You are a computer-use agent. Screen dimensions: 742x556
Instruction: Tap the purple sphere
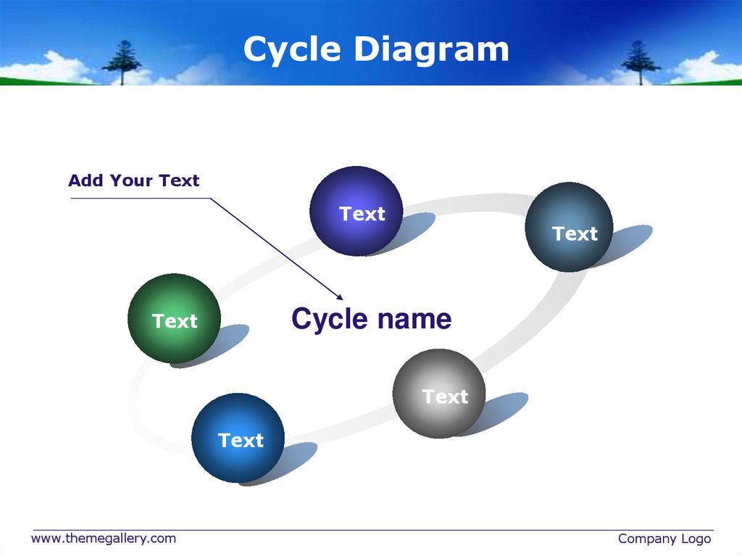356,210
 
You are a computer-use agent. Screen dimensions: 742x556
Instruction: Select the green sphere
174,318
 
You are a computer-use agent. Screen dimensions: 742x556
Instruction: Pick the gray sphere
438,394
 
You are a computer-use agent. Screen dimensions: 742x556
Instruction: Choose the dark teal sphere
569,227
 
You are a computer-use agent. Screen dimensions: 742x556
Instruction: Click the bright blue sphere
238,438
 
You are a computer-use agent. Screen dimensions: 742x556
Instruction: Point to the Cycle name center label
371,318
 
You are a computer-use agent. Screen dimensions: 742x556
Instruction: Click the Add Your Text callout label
133,181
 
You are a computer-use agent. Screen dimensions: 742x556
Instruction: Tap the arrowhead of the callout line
340,296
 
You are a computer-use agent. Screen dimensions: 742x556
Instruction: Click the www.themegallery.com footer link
103,538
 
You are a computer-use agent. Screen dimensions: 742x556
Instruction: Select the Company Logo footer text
664,539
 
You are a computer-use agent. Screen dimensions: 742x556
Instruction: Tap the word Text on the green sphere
175,321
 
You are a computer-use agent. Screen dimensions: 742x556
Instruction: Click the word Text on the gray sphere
445,397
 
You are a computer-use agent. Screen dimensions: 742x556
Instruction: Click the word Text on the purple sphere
362,214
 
